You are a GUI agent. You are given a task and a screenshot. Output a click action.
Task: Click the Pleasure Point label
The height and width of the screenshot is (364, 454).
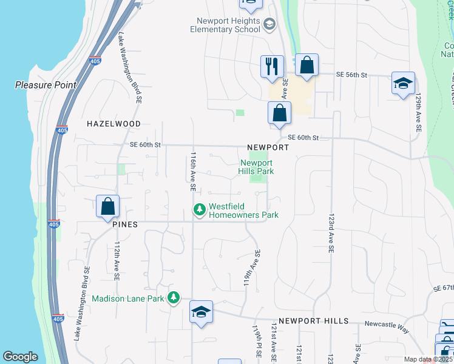46,85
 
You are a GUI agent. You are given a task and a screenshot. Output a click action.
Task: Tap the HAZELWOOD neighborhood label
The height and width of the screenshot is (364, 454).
113,123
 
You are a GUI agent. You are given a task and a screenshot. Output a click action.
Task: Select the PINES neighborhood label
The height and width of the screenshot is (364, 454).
125,224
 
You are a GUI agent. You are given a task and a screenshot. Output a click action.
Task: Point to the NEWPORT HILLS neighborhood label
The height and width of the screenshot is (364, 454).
313,321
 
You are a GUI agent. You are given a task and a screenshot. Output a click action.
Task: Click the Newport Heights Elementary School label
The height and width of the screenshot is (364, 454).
225,25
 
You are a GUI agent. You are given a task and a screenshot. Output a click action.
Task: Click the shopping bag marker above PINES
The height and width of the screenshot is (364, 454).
107,206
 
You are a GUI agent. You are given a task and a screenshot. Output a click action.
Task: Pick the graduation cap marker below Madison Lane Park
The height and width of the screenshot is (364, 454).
201,312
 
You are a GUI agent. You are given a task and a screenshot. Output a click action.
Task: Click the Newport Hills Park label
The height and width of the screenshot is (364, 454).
257,167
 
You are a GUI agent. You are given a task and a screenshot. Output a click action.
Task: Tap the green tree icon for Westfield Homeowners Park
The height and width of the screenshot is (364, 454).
198,210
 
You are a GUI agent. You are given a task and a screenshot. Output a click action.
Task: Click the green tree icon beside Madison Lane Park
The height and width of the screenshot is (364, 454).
174,298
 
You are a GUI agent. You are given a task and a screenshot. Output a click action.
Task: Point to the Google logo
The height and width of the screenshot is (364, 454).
20,357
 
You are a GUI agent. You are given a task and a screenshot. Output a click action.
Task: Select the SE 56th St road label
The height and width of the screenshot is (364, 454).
353,75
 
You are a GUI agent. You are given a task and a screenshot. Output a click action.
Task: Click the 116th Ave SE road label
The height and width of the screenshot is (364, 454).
192,172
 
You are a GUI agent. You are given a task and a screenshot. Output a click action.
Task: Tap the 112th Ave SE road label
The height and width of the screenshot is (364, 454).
117,261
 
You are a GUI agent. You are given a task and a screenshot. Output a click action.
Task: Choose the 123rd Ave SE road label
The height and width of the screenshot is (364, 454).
331,232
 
